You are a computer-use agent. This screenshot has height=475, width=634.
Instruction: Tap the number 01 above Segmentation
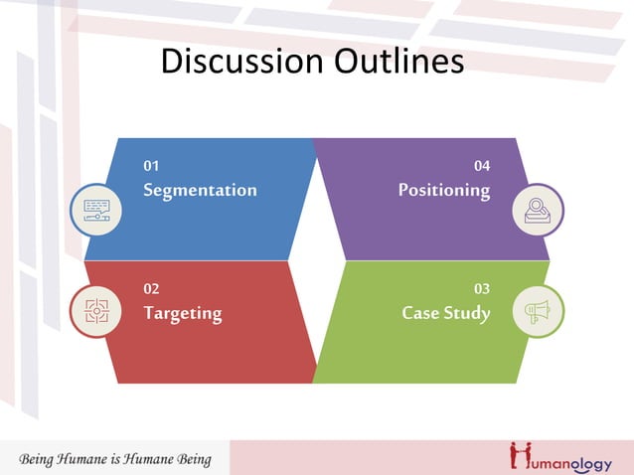pos(151,166)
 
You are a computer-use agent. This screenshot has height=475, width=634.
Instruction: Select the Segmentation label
pos(200,190)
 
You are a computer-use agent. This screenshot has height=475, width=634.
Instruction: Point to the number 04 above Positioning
pos(482,166)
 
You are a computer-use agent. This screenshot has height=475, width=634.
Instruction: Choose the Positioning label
pos(443,190)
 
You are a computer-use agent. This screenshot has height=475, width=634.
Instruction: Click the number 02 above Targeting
pos(151,289)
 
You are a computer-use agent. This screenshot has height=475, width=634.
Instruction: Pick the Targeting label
pos(183,314)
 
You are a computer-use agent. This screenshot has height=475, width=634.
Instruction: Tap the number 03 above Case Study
pos(482,289)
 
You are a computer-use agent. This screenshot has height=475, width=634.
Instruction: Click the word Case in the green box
pos(420,313)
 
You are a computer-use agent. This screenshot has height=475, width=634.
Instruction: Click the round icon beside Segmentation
pos(96,210)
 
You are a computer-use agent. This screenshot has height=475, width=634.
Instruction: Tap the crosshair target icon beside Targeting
pos(96,311)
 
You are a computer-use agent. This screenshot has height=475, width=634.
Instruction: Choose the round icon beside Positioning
pos(538,210)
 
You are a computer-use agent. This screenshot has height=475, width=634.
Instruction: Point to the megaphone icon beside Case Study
pos(538,311)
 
